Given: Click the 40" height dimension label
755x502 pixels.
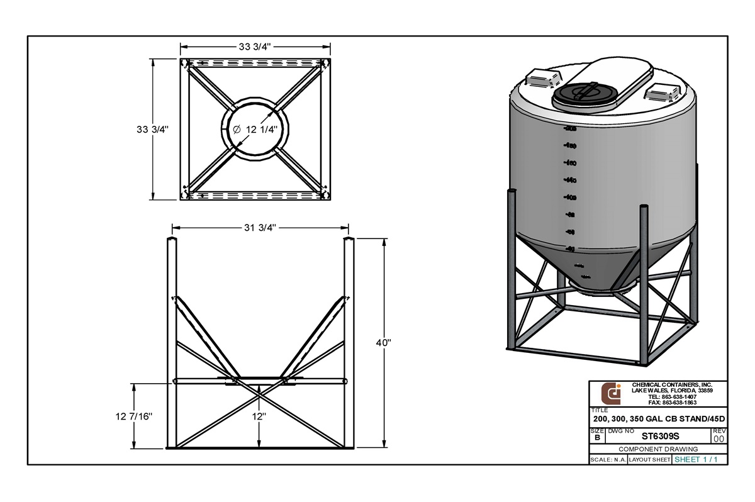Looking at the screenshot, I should [384, 343].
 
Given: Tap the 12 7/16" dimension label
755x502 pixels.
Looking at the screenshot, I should [134, 416].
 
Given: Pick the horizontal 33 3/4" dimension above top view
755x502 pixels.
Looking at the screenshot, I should [255, 47].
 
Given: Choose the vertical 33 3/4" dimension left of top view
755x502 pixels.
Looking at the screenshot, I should [153, 129].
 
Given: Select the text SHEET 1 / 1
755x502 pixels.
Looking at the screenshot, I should [696, 460].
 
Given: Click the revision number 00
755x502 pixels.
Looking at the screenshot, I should [719, 438].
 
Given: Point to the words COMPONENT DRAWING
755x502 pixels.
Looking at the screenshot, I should [658, 449].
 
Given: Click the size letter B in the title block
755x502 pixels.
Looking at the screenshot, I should [596, 437].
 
